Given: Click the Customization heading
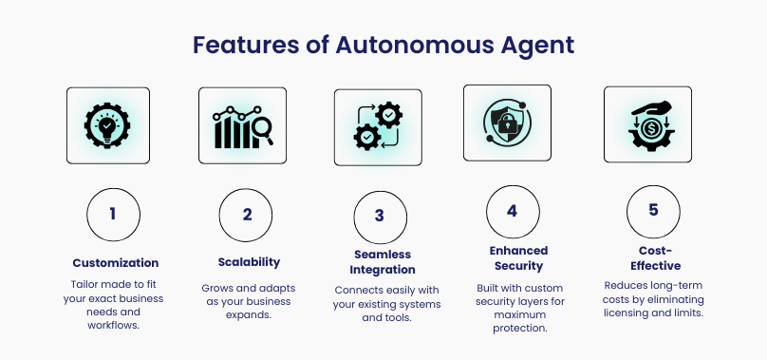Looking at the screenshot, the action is tap(116, 263).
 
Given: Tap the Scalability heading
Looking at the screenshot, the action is tap(249, 262).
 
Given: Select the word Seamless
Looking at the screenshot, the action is tap(383, 255).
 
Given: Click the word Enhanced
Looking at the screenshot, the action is tap(518, 251).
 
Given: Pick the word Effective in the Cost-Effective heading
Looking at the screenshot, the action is tap(656, 266).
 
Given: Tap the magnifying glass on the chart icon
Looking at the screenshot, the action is tap(262, 131).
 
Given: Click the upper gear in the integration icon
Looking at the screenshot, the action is tap(389, 115).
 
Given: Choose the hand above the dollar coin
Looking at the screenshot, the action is tap(651, 108).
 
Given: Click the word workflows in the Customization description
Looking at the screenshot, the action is tap(114, 325).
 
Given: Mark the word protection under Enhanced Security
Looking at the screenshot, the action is tap(519, 328).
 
